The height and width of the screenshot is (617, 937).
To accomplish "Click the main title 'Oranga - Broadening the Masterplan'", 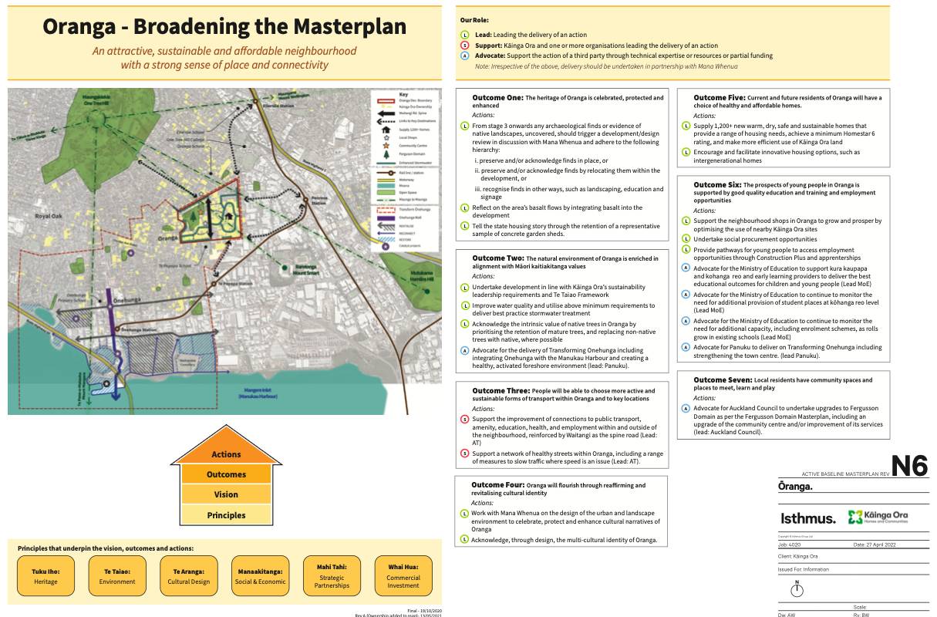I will coord(224,26).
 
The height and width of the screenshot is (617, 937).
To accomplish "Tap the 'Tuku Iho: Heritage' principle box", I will coord(46,576).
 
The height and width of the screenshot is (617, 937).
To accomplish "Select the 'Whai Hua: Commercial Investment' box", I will coord(403,576).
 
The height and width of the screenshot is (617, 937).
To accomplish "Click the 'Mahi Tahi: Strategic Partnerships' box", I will coord(332,576).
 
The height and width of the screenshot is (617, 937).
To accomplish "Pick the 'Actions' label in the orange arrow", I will coord(226,454).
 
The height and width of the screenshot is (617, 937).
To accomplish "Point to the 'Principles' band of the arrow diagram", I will coord(226,515).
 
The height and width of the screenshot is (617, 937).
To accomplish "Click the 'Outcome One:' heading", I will coord(498,98).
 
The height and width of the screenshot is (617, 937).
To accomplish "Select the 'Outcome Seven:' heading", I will coord(722,380).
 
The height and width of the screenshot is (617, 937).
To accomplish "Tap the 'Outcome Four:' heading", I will coord(497,485).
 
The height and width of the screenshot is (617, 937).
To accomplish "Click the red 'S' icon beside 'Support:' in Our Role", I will coord(464,46).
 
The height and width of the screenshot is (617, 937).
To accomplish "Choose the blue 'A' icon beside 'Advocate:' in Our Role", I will coord(464,56).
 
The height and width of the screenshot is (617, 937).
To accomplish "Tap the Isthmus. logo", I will coord(807,518).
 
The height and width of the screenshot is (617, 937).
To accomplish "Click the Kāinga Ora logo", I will coord(878,517).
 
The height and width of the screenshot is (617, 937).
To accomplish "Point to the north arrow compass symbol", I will coord(797,588).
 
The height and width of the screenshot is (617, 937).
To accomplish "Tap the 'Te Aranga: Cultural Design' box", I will coord(189,576).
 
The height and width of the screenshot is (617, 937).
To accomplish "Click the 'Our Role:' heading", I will coord(474,19).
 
